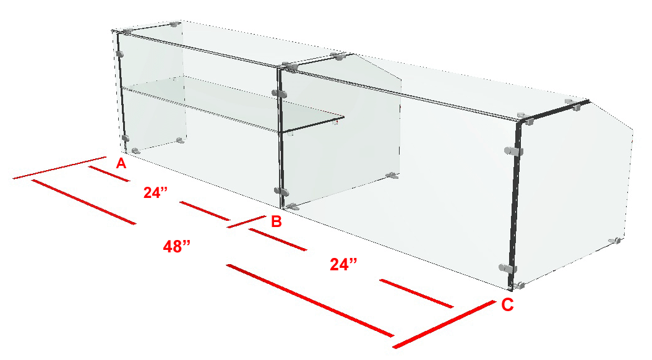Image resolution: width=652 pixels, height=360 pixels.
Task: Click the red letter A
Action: pyautogui.click(x=121, y=163)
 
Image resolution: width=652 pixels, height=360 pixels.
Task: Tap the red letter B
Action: pyautogui.click(x=277, y=221)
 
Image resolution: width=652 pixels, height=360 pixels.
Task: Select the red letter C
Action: pyautogui.click(x=507, y=305)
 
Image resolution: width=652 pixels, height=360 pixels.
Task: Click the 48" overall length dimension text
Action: pyautogui.click(x=177, y=247)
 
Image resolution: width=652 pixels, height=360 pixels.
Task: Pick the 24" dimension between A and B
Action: pyautogui.click(x=156, y=192)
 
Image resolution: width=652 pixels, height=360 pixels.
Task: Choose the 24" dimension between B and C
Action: pyautogui.click(x=343, y=264)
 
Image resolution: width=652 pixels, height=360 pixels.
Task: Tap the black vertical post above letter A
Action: pyautogui.click(x=122, y=92)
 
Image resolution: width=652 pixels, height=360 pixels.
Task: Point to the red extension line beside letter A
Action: pyautogui.click(x=60, y=168)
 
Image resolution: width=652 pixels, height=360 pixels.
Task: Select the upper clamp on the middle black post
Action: pyautogui.click(x=278, y=93)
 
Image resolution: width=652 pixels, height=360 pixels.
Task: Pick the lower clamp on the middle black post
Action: pyautogui.click(x=281, y=191)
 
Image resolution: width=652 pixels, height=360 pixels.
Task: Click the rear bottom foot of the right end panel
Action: pyautogui.click(x=615, y=241)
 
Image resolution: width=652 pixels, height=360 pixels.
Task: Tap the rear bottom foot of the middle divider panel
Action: pyautogui.click(x=392, y=176)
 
